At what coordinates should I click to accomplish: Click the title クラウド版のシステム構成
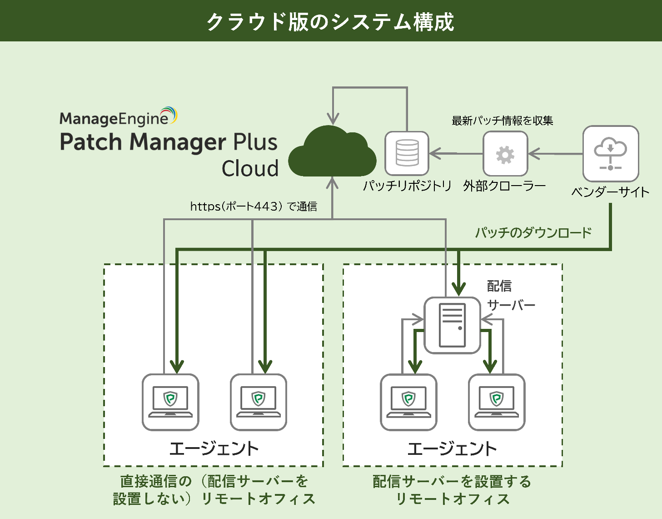pos(330,21)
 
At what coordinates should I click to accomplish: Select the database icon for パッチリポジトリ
pos(407,153)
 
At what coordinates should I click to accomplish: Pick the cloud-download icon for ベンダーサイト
pos(611,153)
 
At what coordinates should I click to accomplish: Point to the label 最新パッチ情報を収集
pos(502,121)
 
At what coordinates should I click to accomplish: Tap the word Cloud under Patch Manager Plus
pos(250,168)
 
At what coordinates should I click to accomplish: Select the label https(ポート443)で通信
pos(254,206)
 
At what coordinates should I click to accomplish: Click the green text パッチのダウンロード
pos(533,232)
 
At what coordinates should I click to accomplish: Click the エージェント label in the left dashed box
pos(214,448)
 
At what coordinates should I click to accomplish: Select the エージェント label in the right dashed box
pos(452,448)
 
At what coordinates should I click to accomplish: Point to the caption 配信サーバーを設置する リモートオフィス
pos(452,490)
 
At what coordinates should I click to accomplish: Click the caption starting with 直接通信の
pos(214,490)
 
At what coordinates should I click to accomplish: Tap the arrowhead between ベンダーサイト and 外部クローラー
pos(534,154)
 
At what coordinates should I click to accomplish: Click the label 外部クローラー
pos(505,186)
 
